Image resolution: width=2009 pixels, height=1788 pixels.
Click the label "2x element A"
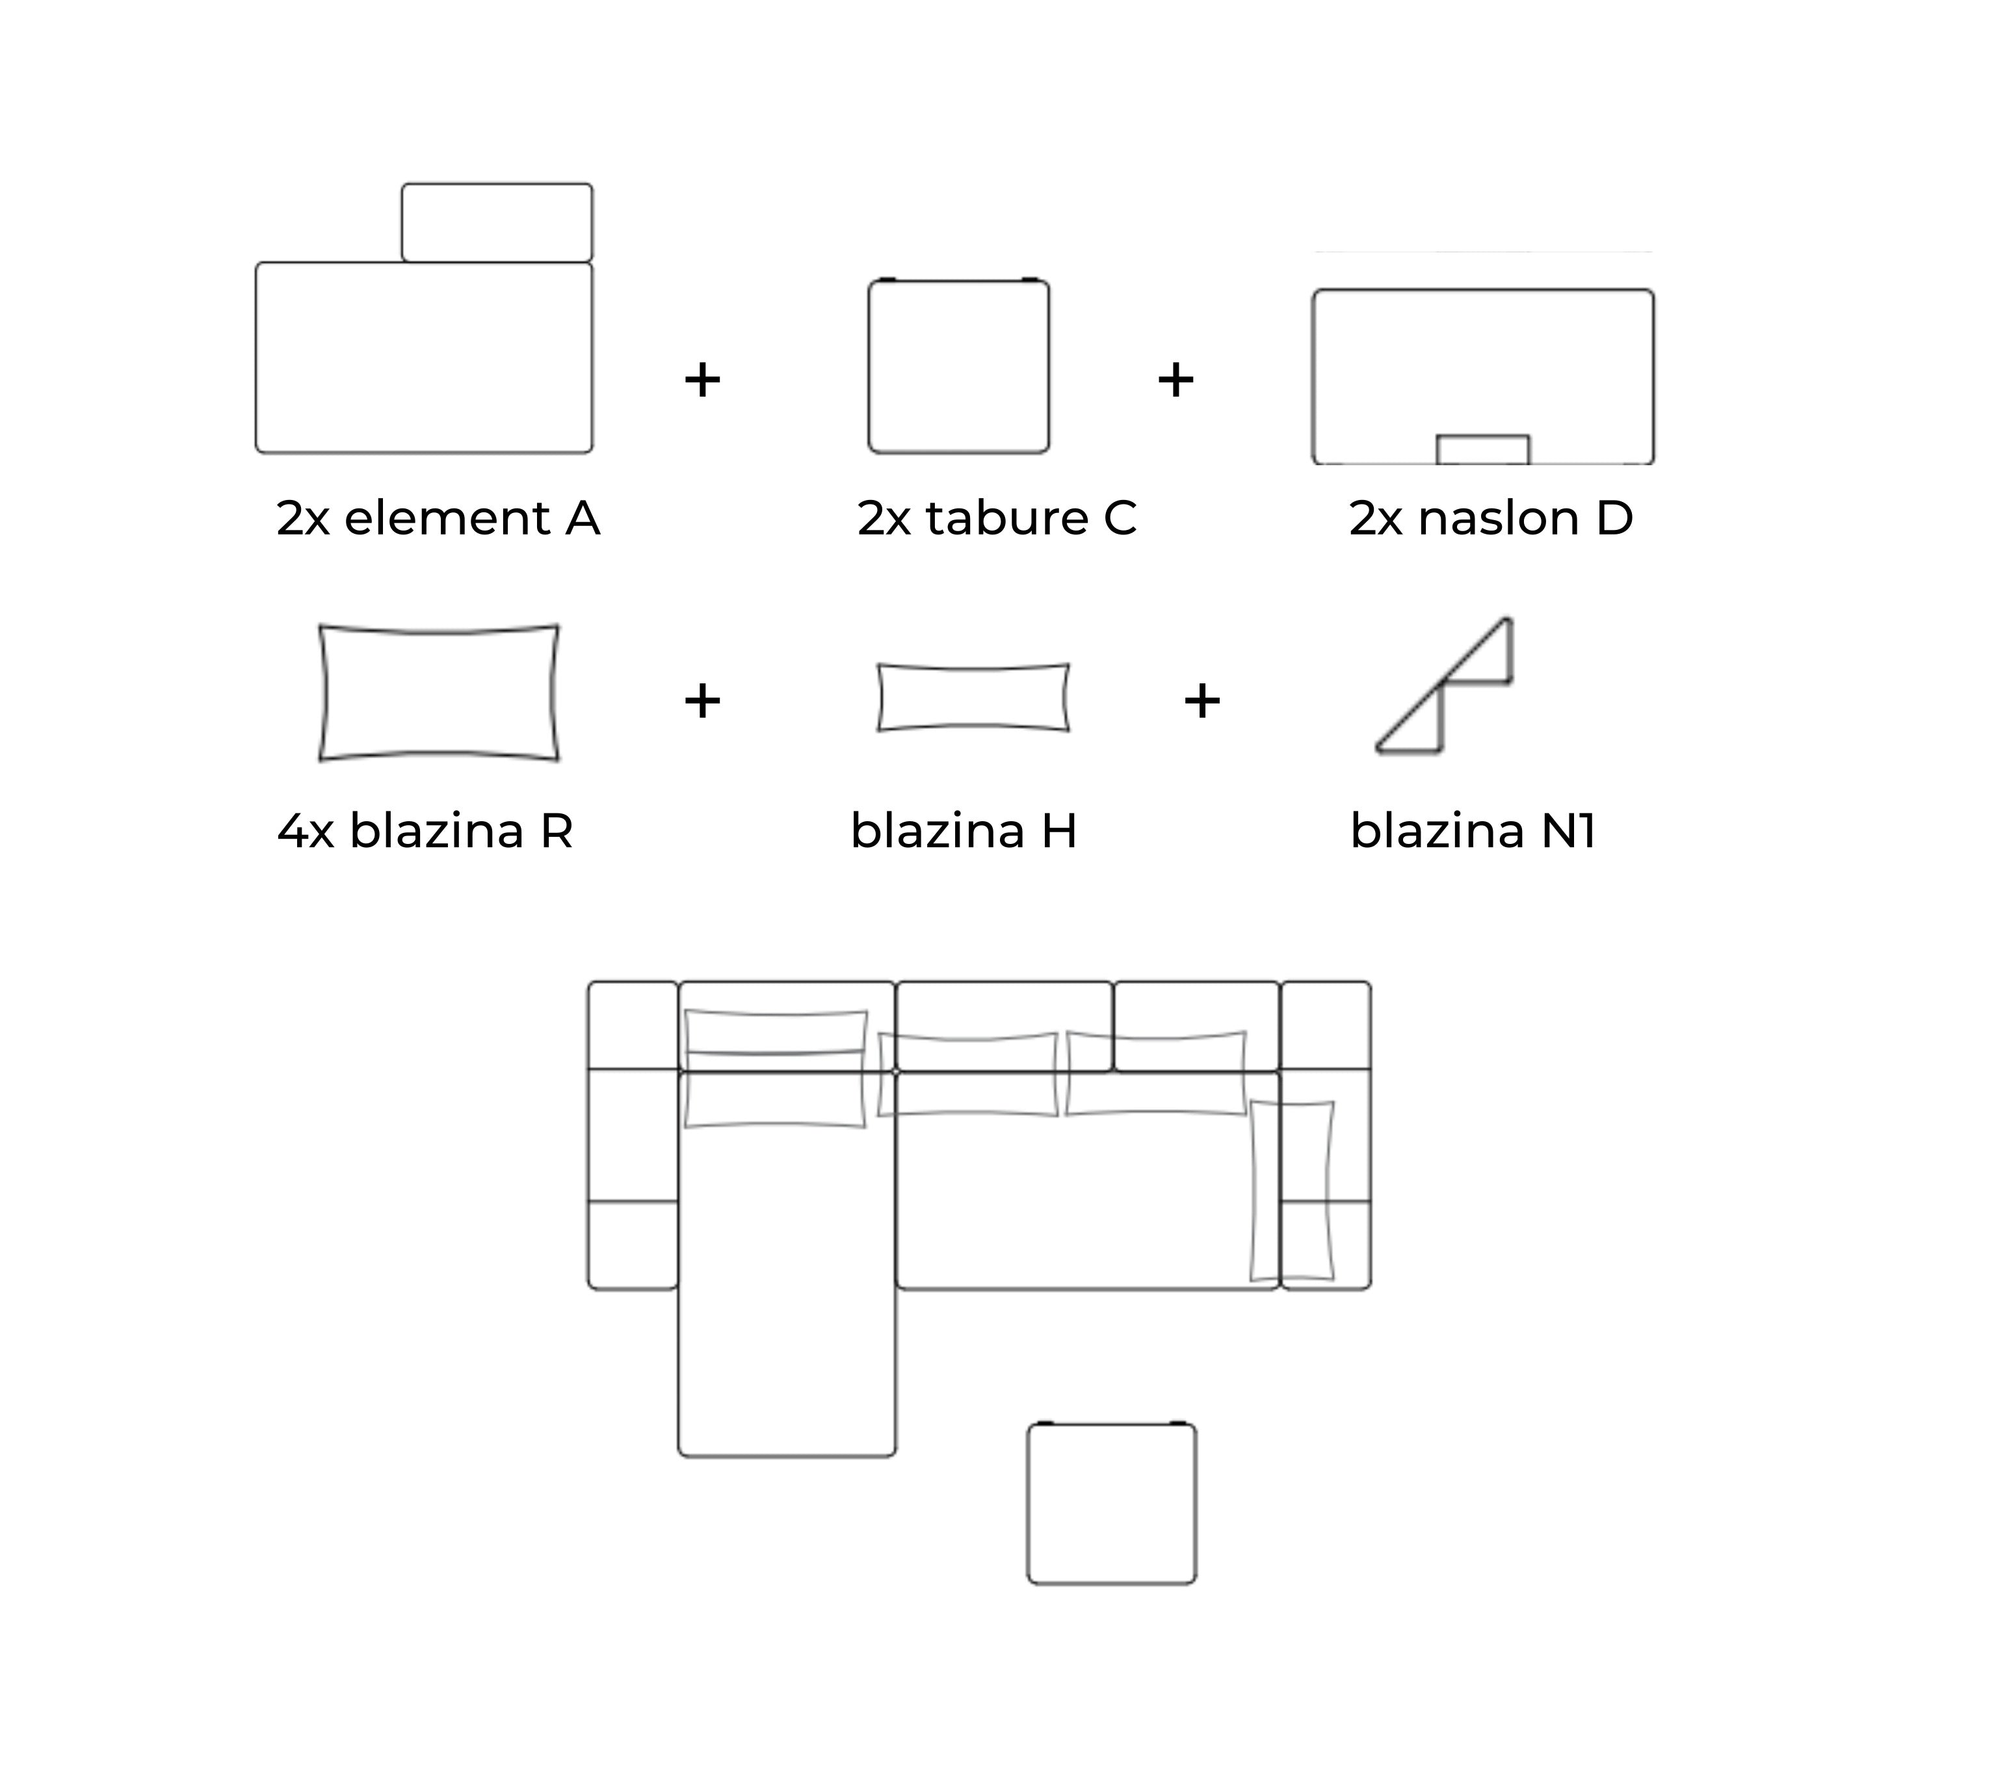438,518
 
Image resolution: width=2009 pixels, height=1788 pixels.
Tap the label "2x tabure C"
997,518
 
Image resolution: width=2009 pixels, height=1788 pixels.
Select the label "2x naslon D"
1490,518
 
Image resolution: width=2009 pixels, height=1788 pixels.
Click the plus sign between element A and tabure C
702,380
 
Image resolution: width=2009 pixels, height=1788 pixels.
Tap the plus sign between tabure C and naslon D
1175,380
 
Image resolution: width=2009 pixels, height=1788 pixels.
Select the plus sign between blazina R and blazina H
702,701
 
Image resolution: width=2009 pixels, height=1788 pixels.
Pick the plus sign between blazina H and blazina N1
1201,701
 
